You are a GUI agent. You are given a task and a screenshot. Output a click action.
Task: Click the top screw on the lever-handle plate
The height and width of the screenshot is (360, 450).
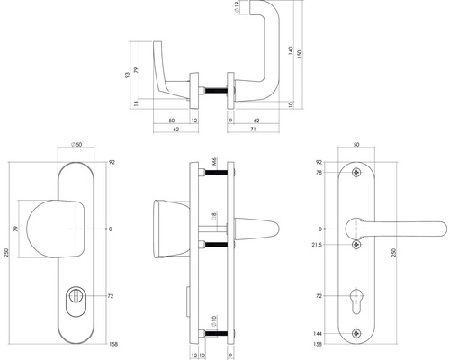358,174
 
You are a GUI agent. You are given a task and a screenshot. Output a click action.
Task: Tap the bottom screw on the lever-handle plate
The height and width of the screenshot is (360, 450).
358,332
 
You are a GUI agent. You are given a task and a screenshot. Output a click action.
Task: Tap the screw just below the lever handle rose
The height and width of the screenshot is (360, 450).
358,245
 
